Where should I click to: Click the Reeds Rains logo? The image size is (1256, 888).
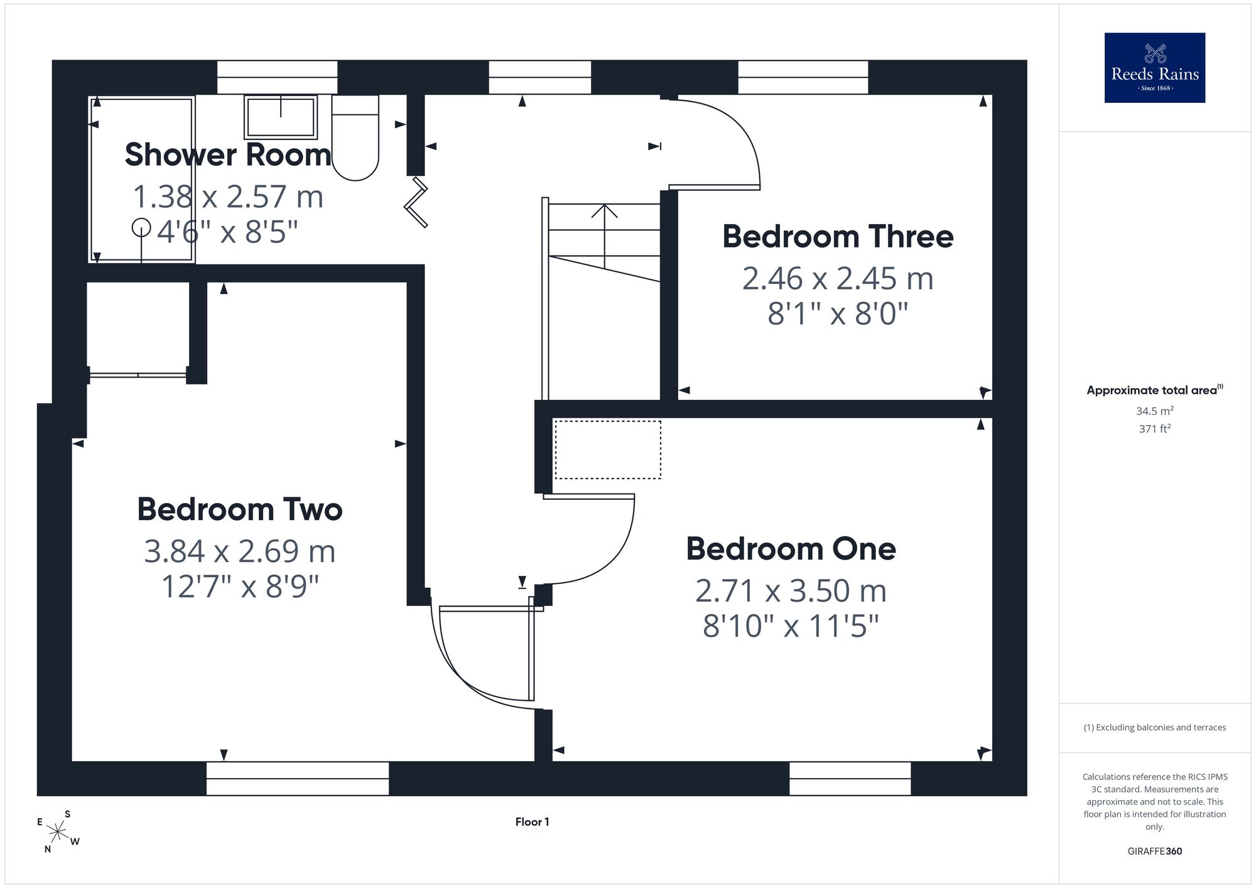click(x=1155, y=68)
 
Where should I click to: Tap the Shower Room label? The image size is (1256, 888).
click(x=228, y=154)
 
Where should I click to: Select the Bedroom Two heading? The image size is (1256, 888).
click(x=240, y=509)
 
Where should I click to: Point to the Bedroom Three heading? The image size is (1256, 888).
click(x=838, y=237)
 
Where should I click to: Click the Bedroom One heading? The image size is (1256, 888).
click(x=791, y=549)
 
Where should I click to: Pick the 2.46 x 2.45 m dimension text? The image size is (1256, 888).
click(x=838, y=278)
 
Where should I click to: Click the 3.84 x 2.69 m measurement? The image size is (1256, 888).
click(x=240, y=551)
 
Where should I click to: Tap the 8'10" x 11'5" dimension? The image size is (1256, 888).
click(x=791, y=626)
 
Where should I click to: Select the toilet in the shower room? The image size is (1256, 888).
click(x=355, y=138)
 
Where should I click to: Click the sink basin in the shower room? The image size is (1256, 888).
click(x=281, y=117)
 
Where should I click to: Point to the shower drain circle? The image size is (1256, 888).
click(x=141, y=227)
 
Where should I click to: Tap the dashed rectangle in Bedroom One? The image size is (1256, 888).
click(x=607, y=450)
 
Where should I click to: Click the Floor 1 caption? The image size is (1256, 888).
click(x=533, y=822)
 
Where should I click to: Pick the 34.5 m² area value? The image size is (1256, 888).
click(x=1154, y=411)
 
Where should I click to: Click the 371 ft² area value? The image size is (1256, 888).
click(x=1154, y=429)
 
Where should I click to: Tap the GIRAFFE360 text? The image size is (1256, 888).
click(x=1154, y=852)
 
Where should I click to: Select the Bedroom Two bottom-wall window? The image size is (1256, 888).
click(x=298, y=779)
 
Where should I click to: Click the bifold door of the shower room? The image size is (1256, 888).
click(x=416, y=202)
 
